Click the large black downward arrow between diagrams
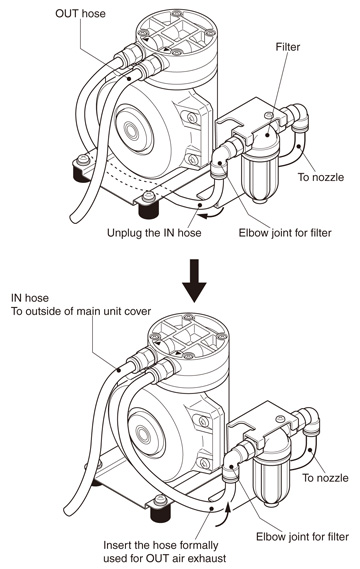pos(194,280)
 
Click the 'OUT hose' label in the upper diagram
pos(80,14)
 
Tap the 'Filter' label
pos(288,47)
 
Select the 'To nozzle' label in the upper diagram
pos(321,177)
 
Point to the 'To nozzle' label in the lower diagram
pos(326,478)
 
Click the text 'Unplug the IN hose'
pos(154,232)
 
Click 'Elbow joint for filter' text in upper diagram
pos(285,232)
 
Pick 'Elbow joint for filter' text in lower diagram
pos(302,536)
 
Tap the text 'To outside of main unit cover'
pos(81,311)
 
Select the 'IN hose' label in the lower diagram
pos(29,298)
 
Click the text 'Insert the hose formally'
pos(160,545)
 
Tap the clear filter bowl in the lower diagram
pos(271,480)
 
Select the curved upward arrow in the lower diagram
pos(225,512)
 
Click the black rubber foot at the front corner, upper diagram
pos(149,209)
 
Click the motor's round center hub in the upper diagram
pos(131,131)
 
